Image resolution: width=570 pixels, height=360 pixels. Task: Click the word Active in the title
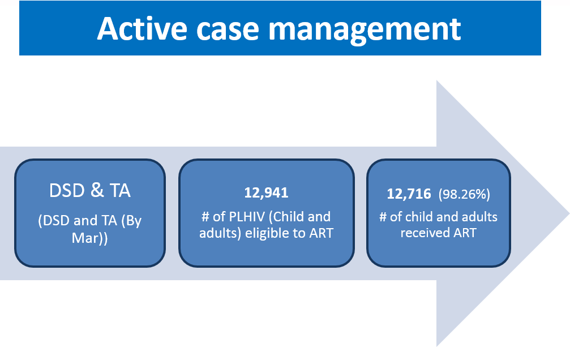(x=142, y=28)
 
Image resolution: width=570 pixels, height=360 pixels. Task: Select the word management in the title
(x=365, y=31)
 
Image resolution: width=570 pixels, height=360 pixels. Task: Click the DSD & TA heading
(x=90, y=190)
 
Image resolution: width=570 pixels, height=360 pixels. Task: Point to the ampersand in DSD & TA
(x=97, y=190)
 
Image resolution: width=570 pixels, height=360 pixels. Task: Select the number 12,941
(x=266, y=192)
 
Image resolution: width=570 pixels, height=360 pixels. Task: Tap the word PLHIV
(x=247, y=217)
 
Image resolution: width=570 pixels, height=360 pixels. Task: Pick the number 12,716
(x=409, y=194)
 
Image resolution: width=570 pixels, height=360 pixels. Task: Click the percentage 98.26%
(x=464, y=194)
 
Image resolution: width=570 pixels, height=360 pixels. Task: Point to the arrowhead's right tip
(x=569, y=213)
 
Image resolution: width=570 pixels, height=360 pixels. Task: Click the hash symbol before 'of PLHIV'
(x=205, y=217)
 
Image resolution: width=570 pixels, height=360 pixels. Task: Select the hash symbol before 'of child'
(x=383, y=217)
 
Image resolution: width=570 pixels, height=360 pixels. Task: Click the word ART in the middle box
(x=322, y=233)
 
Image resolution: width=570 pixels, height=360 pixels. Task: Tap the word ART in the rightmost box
(x=465, y=233)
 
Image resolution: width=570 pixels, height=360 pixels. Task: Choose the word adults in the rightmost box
(x=479, y=217)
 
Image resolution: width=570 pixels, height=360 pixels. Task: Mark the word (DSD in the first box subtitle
(x=54, y=221)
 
